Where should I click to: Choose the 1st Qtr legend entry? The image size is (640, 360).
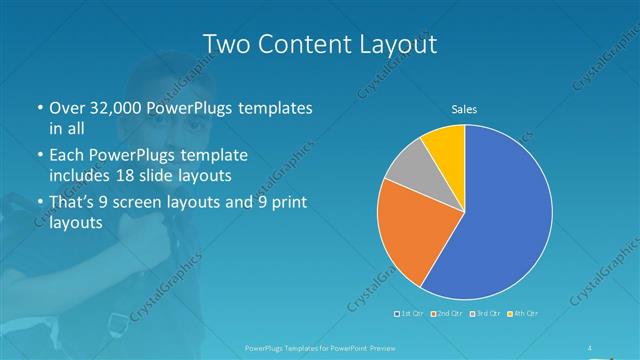410,313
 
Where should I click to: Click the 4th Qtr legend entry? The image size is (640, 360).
524,313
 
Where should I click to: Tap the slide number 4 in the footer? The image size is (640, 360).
589,348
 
